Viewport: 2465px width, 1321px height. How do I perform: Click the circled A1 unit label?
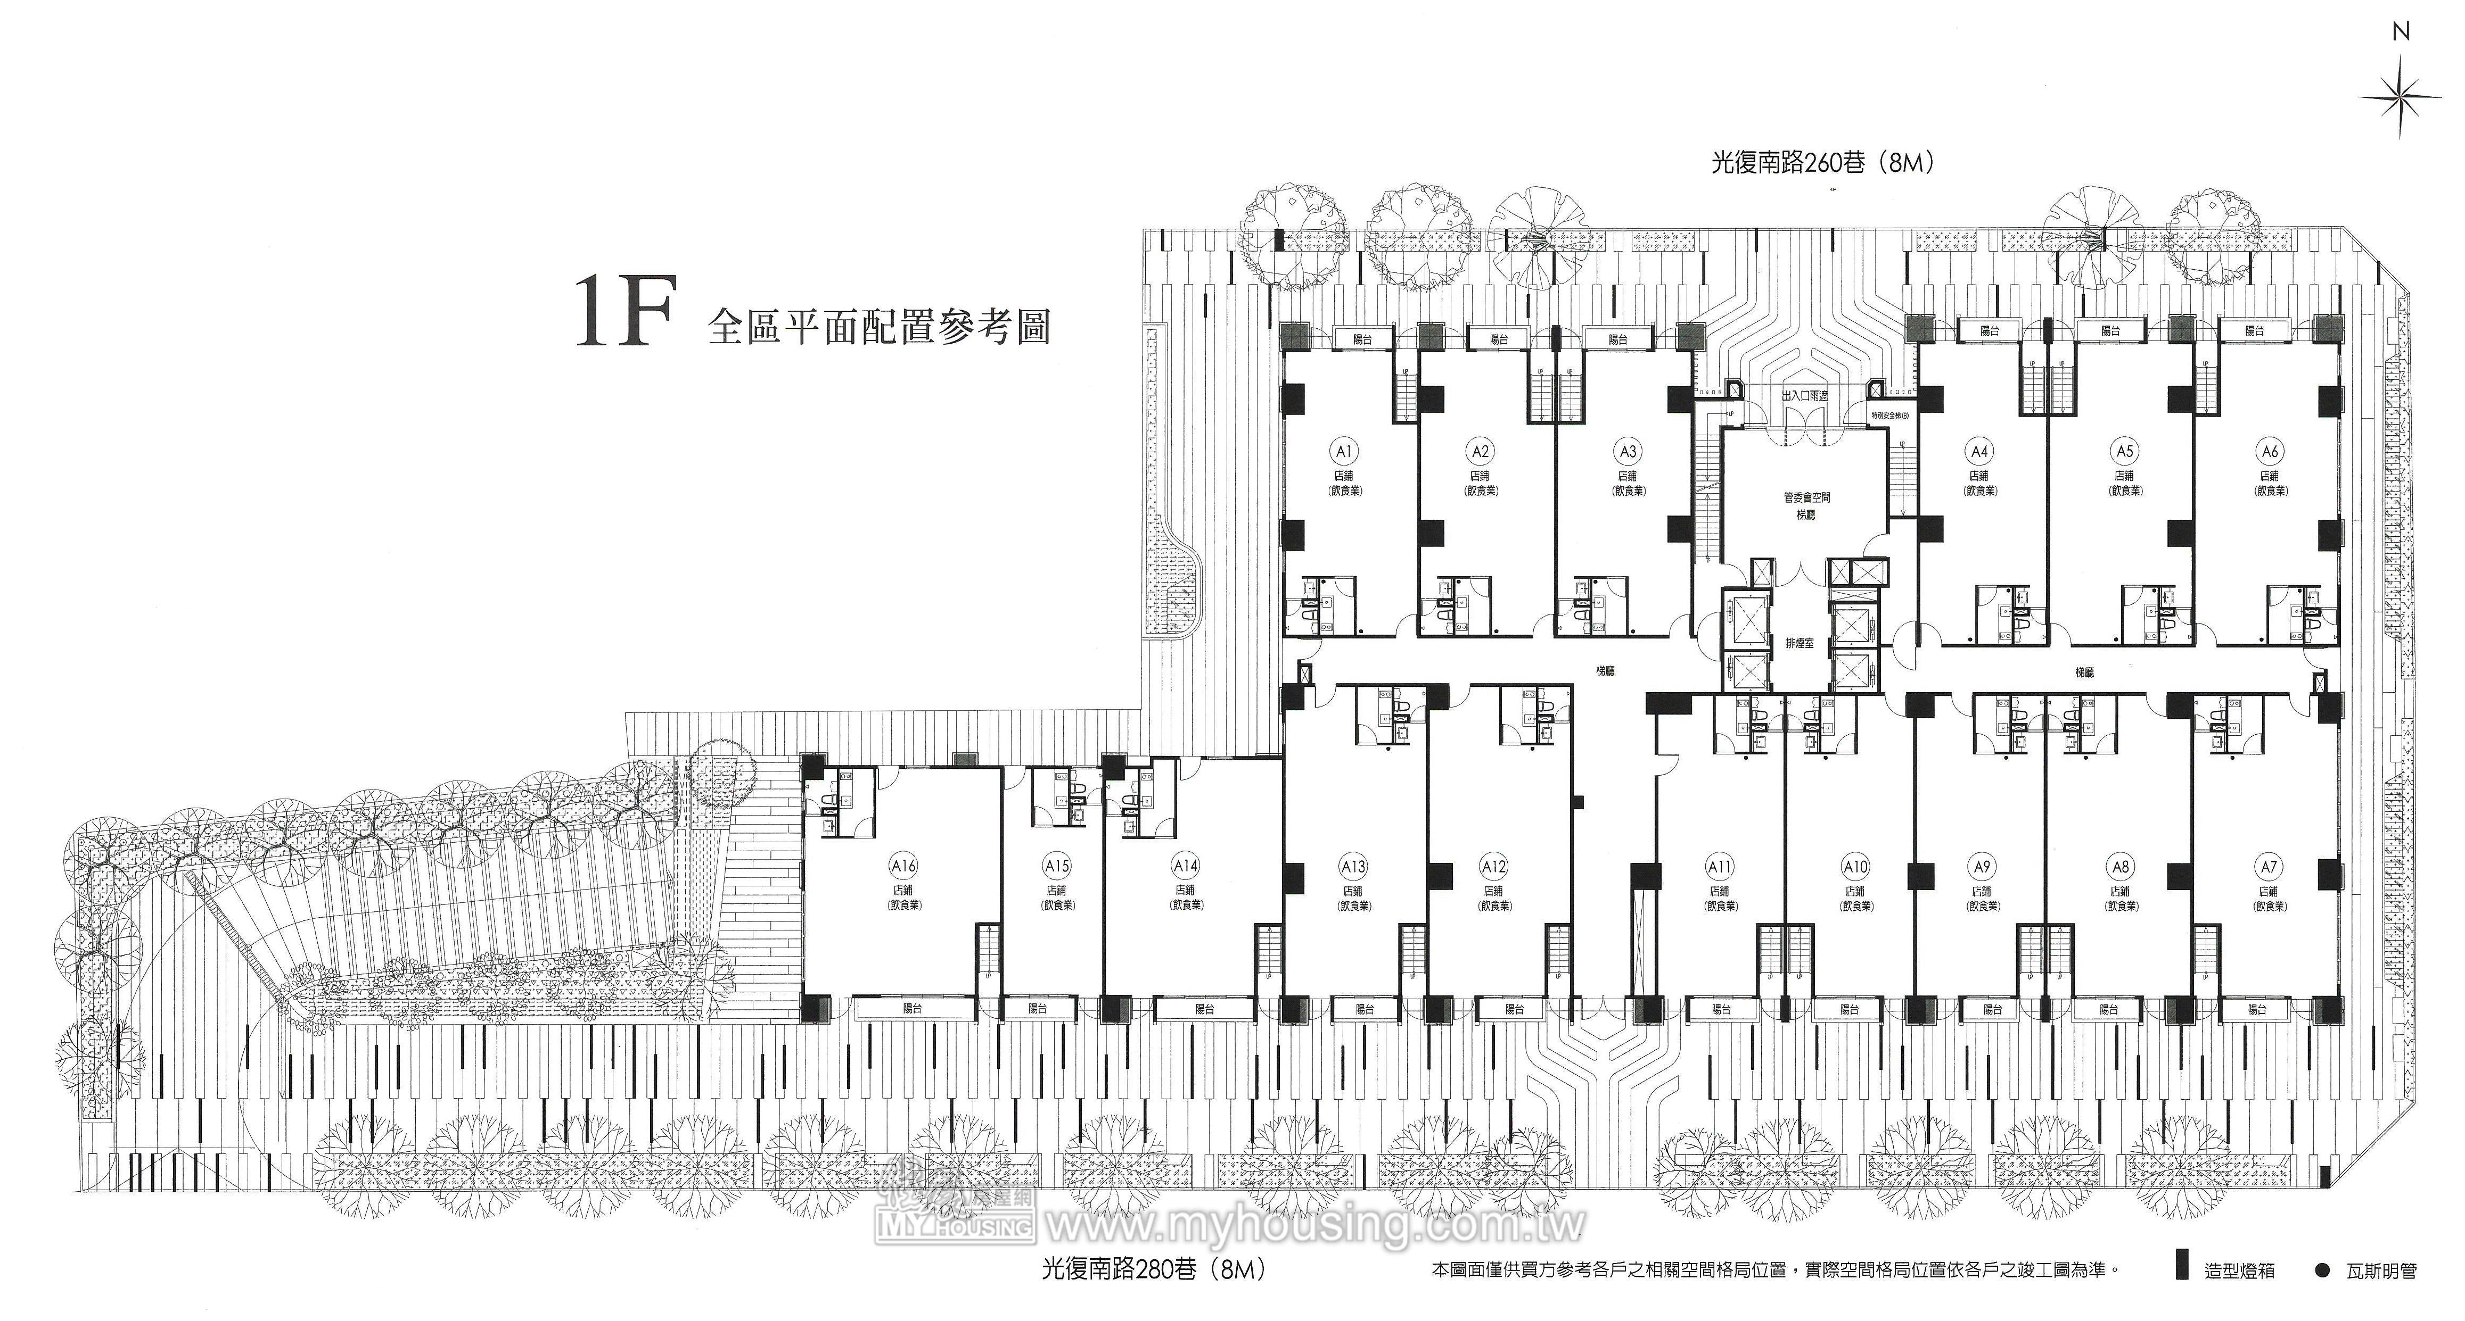(1343, 451)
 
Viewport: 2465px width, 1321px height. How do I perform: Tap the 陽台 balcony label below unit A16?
(914, 1008)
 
